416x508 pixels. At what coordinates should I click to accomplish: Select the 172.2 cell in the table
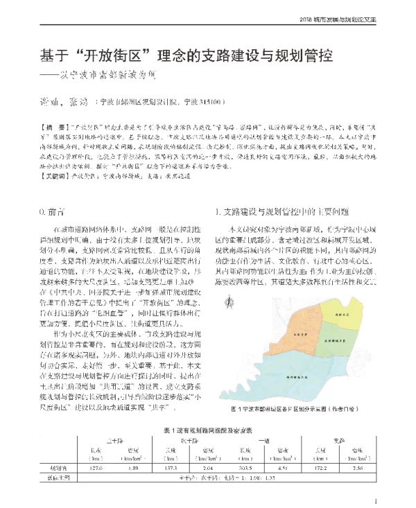click(320, 468)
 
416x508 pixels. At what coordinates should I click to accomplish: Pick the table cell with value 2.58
click(357, 468)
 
